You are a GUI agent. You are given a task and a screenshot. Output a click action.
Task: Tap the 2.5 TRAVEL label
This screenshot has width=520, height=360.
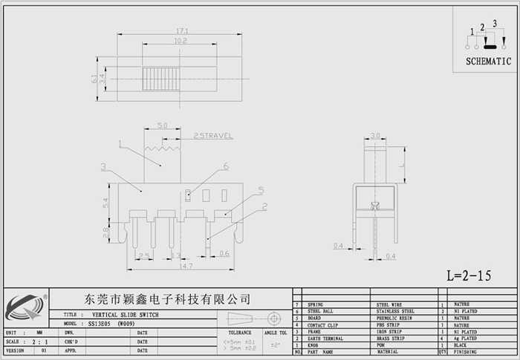tap(213, 136)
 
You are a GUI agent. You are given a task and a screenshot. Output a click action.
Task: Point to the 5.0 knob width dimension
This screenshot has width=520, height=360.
tap(163, 125)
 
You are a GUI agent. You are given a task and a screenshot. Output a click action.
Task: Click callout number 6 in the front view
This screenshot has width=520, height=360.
tap(225, 167)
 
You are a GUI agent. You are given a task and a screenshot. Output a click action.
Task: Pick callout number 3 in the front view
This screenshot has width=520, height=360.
tap(104, 166)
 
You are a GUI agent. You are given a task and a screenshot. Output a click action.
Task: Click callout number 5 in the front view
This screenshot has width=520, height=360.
tap(261, 190)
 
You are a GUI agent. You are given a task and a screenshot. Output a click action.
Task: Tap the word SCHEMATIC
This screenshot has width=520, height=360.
tap(488, 62)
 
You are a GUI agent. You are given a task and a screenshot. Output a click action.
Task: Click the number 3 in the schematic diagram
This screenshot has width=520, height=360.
tap(494, 24)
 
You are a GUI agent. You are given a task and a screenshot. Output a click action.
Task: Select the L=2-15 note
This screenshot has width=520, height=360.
tap(469, 275)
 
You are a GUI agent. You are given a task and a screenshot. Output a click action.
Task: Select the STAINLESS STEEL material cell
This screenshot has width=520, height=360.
tap(397, 312)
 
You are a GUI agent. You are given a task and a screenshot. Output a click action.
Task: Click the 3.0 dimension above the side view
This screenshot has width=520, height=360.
tap(376, 136)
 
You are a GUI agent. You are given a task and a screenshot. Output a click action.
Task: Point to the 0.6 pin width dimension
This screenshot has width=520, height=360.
tap(224, 254)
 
